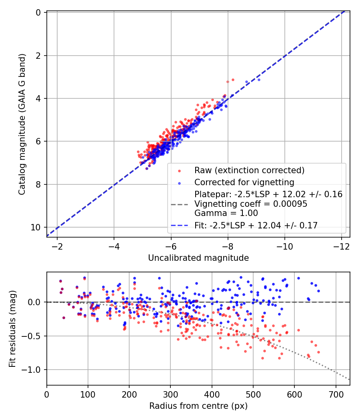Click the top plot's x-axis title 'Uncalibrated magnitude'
tap(198, 258)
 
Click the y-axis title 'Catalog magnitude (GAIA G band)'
tap(22, 124)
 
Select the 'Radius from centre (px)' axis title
tap(198, 406)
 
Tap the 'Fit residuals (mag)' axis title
tap(12, 329)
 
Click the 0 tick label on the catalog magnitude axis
tap(38, 13)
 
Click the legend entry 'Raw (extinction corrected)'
tap(250, 170)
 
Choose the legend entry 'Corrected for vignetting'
tap(244, 182)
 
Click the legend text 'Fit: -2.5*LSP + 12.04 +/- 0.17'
tap(256, 226)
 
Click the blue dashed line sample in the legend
tap(180, 226)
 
